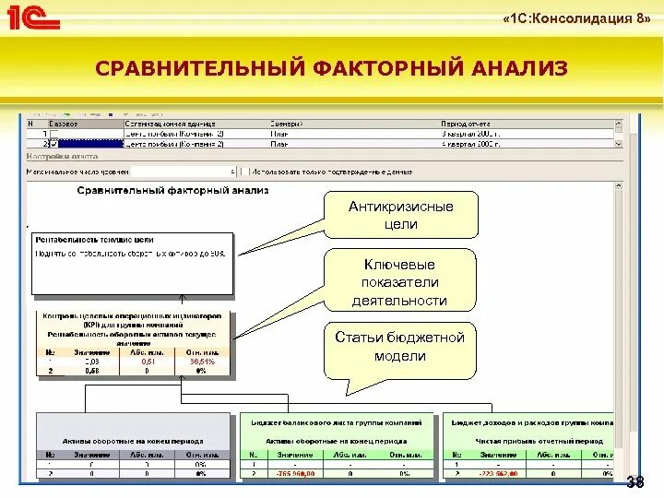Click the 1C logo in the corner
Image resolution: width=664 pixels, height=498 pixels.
click(33, 18)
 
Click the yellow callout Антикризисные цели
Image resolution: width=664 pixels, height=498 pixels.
click(400, 215)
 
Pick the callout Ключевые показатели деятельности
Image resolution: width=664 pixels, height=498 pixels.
click(400, 281)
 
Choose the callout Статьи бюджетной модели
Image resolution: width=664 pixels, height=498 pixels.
click(400, 347)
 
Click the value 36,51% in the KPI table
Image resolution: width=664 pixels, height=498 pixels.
click(202, 362)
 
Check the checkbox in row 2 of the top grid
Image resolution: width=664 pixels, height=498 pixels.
click(53, 144)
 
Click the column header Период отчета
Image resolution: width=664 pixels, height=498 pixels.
click(466, 123)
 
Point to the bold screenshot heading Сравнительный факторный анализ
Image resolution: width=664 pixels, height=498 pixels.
click(172, 191)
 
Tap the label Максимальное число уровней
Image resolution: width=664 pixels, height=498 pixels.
click(77, 172)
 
